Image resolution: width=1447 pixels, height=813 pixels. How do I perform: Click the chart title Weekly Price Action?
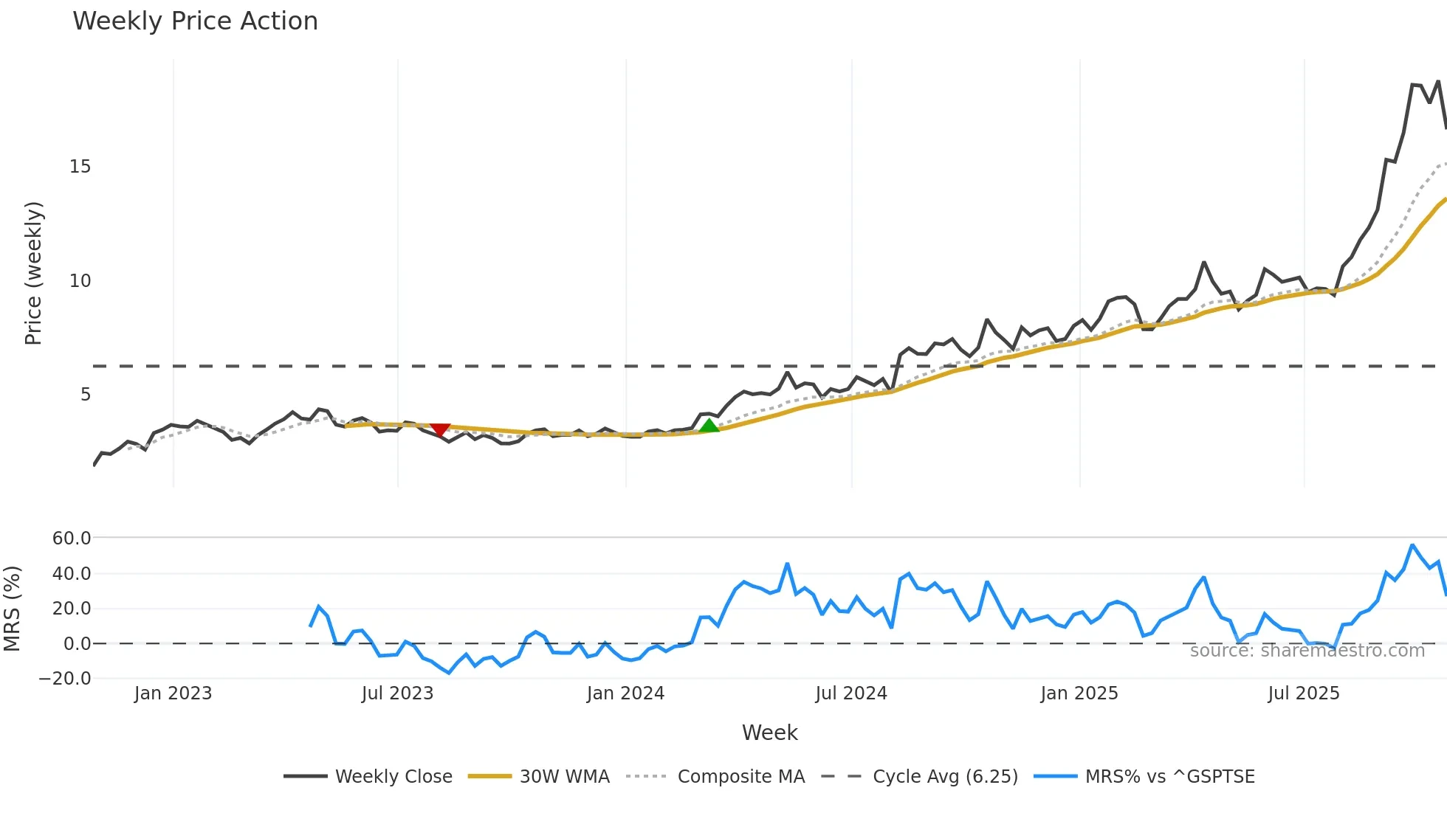(195, 21)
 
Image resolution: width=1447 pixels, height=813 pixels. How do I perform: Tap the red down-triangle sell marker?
(440, 429)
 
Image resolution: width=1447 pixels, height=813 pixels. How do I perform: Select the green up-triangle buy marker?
(709, 426)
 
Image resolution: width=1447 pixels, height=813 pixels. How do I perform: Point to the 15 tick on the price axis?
(80, 167)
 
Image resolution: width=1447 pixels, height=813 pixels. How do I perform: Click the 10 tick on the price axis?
(80, 281)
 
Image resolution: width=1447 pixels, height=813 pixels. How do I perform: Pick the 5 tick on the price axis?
(86, 395)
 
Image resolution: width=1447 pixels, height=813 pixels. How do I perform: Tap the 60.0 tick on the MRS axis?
(72, 539)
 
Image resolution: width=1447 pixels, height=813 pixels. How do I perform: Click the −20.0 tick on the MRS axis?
(66, 679)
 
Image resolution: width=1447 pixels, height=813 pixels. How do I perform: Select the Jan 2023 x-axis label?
(173, 693)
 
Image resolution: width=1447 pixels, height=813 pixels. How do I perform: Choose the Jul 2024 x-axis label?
(851, 693)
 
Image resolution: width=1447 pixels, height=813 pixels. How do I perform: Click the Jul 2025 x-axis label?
(1304, 693)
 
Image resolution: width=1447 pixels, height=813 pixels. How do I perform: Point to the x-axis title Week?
(769, 733)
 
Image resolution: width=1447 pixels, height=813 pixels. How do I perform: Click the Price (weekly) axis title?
(33, 273)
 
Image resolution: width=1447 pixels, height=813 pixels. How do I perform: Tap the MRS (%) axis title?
(12, 609)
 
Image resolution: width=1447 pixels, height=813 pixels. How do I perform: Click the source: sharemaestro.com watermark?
(1307, 651)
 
